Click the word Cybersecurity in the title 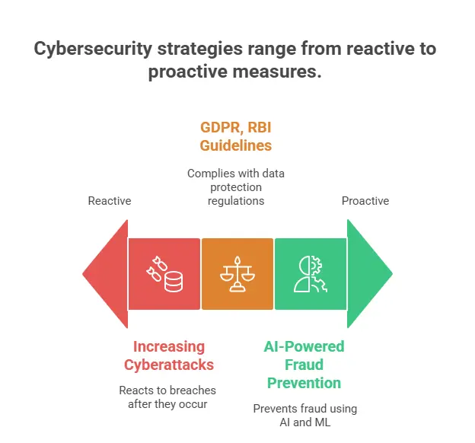pos(93,49)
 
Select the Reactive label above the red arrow pos(110,201)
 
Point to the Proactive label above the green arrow pos(365,201)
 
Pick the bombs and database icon pos(164,274)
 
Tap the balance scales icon pos(237,274)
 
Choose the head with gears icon pos(311,274)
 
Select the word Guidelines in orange pos(236,145)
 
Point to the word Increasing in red pos(169,347)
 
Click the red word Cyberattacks pos(169,365)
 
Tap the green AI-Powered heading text pos(304,346)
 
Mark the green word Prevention pos(304,383)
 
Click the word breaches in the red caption pos(193,390)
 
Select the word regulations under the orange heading pos(236,201)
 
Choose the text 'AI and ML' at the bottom pos(305,422)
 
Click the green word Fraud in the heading pos(304,365)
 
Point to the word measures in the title pos(277,72)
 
